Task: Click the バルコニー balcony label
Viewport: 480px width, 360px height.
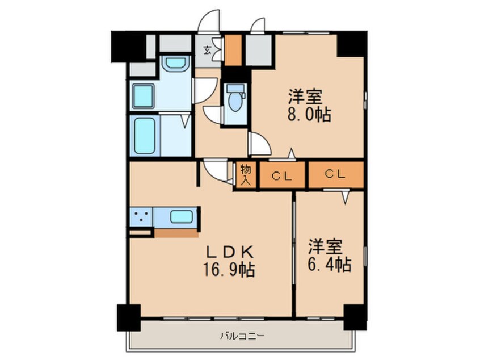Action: [x=242, y=335]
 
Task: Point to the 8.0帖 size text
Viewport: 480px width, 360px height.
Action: [x=309, y=114]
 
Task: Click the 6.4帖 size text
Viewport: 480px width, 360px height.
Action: [x=329, y=264]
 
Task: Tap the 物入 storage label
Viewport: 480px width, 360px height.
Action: [x=246, y=175]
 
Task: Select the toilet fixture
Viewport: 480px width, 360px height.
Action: [x=234, y=100]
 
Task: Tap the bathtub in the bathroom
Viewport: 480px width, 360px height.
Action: [x=145, y=136]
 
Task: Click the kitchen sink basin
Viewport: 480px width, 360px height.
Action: [x=182, y=216]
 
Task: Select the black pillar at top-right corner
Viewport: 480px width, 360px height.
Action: [x=352, y=44]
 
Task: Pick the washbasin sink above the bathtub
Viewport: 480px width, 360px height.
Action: [x=144, y=96]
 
